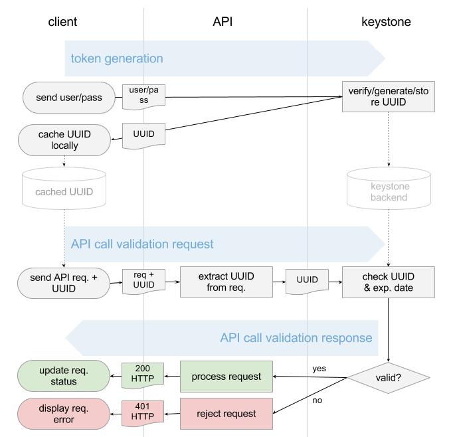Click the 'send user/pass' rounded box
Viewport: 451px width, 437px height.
coord(69,98)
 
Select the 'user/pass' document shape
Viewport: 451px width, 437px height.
coord(144,97)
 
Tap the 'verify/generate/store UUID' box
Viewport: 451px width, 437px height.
coord(389,96)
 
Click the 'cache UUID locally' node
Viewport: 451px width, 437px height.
coord(64,140)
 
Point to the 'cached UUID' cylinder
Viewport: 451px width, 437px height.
coord(64,189)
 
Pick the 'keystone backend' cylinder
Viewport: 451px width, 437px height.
coord(389,189)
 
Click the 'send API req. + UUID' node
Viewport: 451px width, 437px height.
coord(64,283)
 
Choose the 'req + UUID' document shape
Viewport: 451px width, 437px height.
coord(144,282)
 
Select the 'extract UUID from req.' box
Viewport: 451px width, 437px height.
coord(226,282)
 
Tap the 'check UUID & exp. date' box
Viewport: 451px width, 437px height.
coord(389,282)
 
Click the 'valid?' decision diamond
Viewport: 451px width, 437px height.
coord(389,378)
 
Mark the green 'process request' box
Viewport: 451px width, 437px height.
coord(226,377)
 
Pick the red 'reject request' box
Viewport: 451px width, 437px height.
coord(226,414)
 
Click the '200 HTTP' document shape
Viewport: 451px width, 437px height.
coord(143,375)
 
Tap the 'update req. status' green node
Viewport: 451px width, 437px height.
coord(64,376)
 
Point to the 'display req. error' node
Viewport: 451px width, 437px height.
coord(64,414)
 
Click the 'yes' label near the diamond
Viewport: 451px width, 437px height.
coord(319,369)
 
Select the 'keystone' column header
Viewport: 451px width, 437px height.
coord(386,22)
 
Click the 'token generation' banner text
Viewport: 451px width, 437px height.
coord(117,58)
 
